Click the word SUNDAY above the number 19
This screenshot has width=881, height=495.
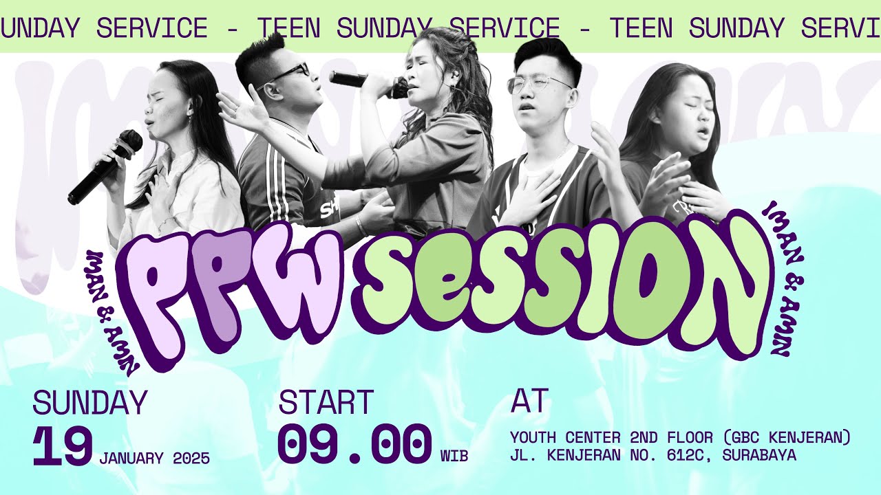coord(89,404)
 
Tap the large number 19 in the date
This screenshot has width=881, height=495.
coord(63,448)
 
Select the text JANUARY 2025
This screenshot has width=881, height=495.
coord(154,459)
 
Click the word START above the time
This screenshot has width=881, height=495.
coord(326,404)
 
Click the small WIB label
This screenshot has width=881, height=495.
coord(454,456)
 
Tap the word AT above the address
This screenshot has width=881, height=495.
coord(529,401)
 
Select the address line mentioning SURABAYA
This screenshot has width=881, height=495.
coord(652,455)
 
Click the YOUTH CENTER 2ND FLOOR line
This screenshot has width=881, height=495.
coord(680,437)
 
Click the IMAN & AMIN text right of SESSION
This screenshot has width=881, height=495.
coord(781,278)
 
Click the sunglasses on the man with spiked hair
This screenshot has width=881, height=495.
coord(289,73)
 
